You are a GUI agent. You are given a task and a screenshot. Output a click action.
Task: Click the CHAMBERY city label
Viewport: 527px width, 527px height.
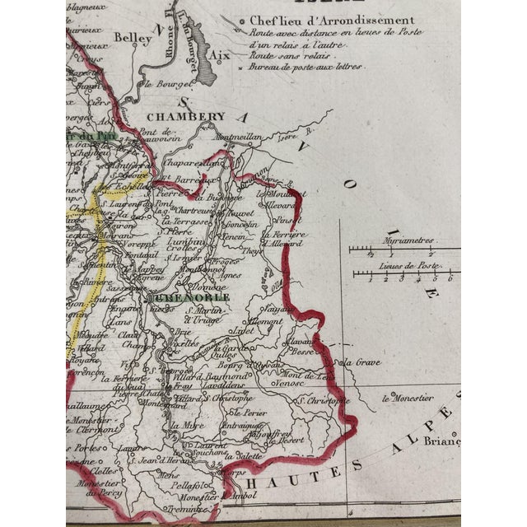click(x=186, y=118)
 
